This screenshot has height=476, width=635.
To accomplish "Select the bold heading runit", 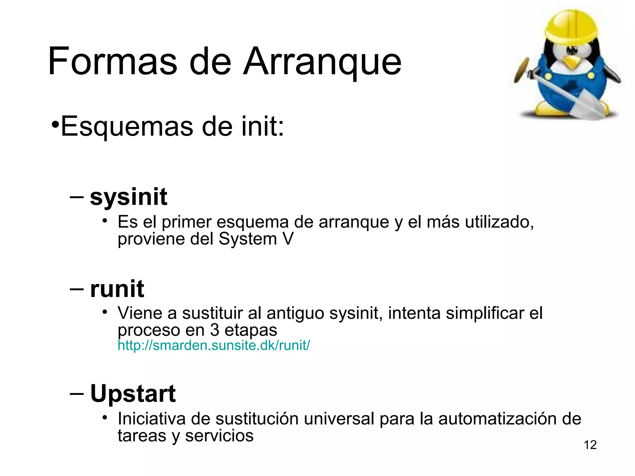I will (117, 289).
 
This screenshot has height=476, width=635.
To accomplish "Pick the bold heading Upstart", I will (133, 394).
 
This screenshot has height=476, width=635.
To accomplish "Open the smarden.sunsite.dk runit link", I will (214, 345).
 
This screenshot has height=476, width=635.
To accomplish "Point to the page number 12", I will (590, 445).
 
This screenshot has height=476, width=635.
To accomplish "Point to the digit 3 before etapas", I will (215, 330).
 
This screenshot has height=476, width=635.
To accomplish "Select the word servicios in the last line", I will (219, 436).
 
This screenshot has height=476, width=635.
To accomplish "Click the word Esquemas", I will (127, 126).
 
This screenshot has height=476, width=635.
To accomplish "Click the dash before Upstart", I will (77, 394).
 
